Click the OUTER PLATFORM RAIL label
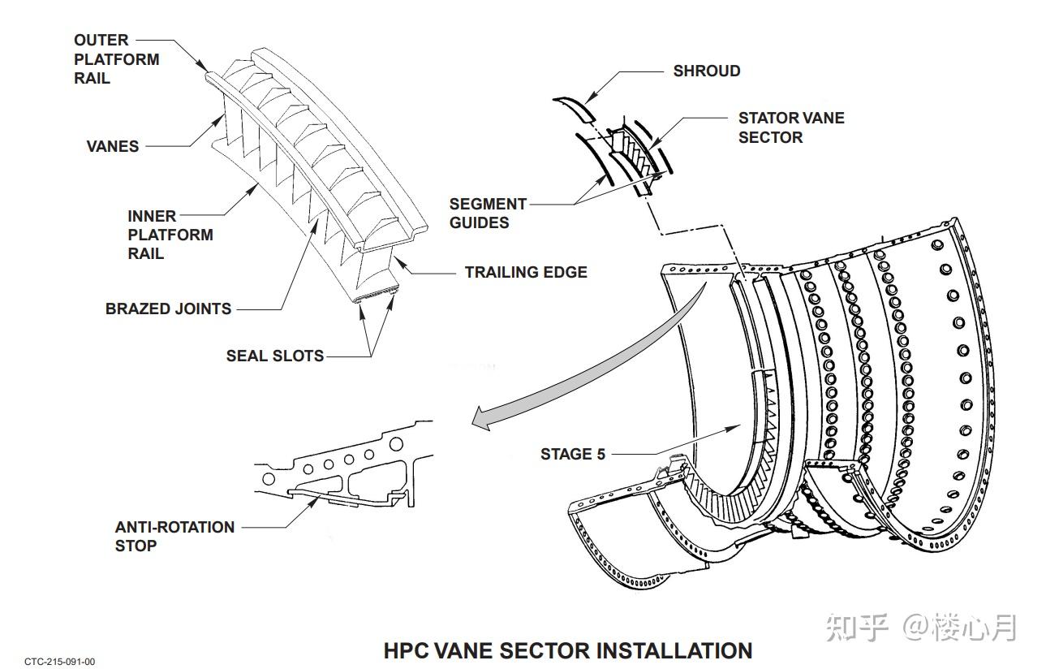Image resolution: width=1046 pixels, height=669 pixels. coord(117,59)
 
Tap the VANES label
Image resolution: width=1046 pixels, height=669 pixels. coord(113,146)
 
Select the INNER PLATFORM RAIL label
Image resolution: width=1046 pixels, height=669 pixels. coord(170,235)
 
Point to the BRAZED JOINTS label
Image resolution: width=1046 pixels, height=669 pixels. coord(168,309)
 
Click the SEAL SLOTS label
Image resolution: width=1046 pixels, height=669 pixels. coord(275,356)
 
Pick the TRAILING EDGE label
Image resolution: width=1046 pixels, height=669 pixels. coord(527,272)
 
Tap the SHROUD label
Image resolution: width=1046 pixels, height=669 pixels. coord(707,71)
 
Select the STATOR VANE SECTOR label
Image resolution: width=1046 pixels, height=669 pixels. coord(791,127)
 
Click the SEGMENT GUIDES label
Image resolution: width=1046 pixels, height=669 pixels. coord(488,213)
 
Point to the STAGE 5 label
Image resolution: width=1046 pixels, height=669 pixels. coord(573,454)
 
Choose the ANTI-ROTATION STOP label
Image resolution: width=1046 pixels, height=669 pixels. coord(174,536)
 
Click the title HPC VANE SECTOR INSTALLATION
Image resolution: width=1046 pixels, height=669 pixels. coord(568,651)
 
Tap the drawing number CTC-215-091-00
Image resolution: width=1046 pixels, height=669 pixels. coord(60,662)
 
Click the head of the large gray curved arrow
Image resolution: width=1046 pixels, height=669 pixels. coord(482,418)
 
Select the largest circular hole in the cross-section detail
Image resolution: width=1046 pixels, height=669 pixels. coord(396,444)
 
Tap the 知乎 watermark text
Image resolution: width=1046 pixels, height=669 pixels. coord(857,628)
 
